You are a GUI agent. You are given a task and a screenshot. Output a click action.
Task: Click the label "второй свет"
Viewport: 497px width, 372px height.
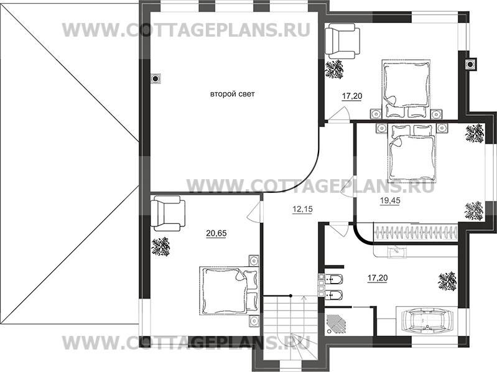[x=233, y=94]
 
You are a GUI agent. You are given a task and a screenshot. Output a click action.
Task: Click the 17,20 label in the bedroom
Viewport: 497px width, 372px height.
[x=352, y=96]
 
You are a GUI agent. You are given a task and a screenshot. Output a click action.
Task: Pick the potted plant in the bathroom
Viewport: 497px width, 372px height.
[x=445, y=281]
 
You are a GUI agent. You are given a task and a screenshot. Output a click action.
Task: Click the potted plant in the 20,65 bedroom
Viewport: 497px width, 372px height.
[x=161, y=247]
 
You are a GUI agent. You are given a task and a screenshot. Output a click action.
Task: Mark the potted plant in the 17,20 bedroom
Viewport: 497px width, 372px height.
[x=335, y=69]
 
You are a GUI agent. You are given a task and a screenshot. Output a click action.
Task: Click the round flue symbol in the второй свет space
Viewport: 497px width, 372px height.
[x=156, y=79]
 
